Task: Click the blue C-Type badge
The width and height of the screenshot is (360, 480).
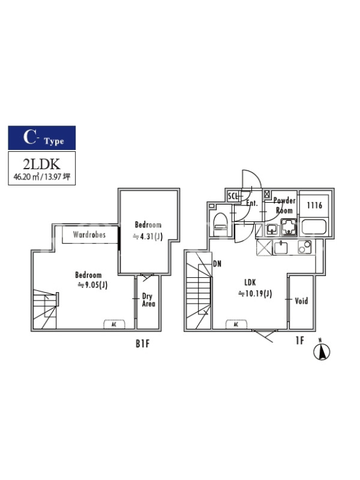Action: click(x=41, y=138)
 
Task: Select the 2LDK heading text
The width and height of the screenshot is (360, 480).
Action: click(x=41, y=164)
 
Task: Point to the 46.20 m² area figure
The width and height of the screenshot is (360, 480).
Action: click(x=26, y=176)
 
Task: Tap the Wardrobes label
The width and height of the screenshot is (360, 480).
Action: click(x=89, y=235)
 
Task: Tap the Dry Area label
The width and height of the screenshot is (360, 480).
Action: click(x=148, y=300)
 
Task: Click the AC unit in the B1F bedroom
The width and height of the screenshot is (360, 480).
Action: click(x=114, y=324)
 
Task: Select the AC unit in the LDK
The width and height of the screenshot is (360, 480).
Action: click(x=236, y=324)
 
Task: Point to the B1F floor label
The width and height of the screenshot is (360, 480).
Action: click(x=143, y=344)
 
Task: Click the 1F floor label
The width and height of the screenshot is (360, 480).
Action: click(x=300, y=340)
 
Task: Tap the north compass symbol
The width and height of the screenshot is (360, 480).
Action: click(x=322, y=351)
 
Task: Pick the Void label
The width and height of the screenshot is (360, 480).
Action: click(x=301, y=301)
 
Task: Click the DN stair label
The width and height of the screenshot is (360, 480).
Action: click(x=217, y=263)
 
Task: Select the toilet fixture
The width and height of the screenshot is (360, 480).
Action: click(x=220, y=224)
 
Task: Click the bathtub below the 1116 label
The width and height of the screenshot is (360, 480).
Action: click(x=314, y=227)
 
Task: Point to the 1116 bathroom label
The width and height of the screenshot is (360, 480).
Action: click(x=314, y=205)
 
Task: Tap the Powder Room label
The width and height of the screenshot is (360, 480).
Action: click(x=284, y=205)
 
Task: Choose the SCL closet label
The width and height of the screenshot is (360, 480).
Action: click(x=233, y=196)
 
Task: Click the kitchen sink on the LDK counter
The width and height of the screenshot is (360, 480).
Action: click(x=280, y=248)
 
